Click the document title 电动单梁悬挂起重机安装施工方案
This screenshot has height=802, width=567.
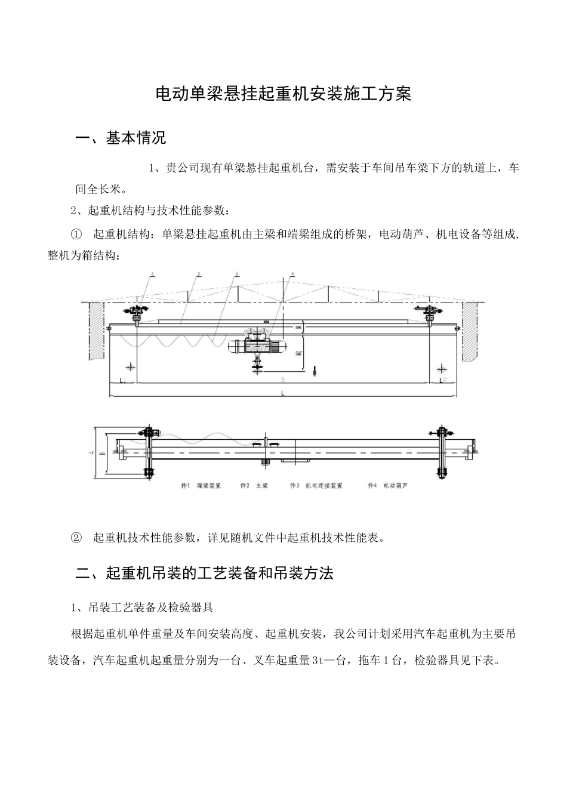(283, 94)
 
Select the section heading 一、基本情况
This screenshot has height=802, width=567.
(121, 138)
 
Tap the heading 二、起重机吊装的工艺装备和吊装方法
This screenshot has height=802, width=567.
(205, 573)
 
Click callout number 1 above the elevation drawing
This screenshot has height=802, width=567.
(153, 274)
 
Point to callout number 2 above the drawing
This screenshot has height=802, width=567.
(199, 274)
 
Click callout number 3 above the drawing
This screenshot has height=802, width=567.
(236, 274)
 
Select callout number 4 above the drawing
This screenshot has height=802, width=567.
(292, 274)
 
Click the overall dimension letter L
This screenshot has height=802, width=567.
(283, 394)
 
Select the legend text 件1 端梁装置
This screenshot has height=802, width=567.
(201, 486)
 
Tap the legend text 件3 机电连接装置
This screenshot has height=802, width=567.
(316, 486)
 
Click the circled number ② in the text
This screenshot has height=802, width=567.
(76, 538)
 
